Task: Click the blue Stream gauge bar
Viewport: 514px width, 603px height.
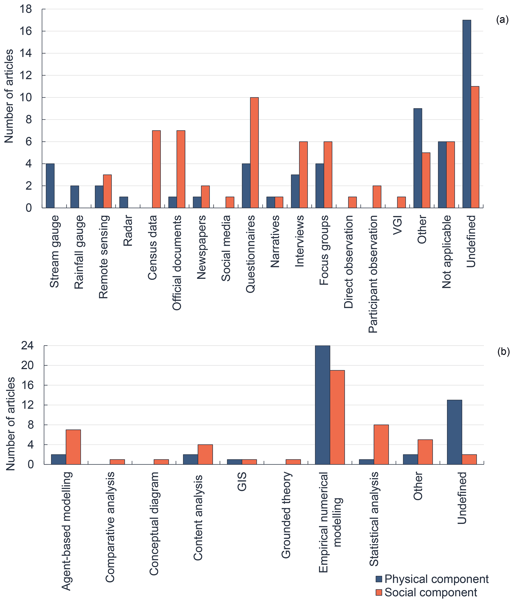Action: [x=50, y=186]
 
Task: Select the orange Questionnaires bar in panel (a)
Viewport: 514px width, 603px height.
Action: [x=254, y=153]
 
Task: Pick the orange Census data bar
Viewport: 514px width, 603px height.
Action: [x=156, y=169]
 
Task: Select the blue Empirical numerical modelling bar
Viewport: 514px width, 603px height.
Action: [x=323, y=405]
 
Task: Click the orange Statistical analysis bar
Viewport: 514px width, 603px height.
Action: [x=381, y=444]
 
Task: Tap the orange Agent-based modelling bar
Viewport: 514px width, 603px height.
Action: [x=73, y=447]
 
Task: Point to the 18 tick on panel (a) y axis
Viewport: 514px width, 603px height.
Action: [x=26, y=9]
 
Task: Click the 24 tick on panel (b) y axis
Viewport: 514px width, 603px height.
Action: [x=27, y=346]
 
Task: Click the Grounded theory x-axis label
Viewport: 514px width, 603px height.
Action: [x=286, y=515]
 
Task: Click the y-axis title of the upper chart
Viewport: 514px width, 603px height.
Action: [x=9, y=96]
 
